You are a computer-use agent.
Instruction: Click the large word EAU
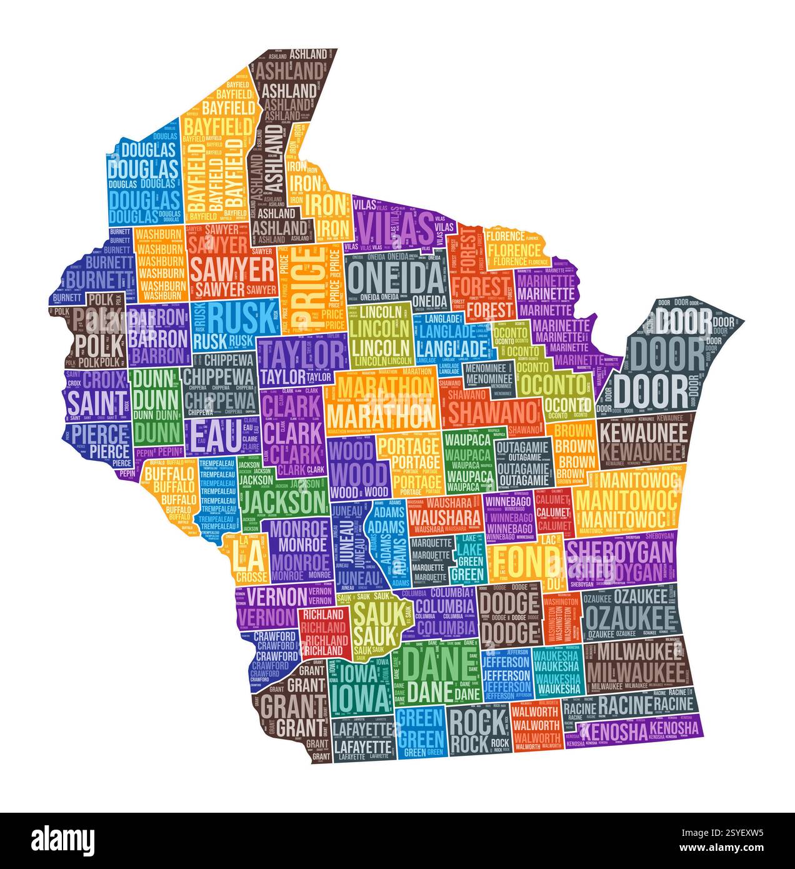[214, 436]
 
